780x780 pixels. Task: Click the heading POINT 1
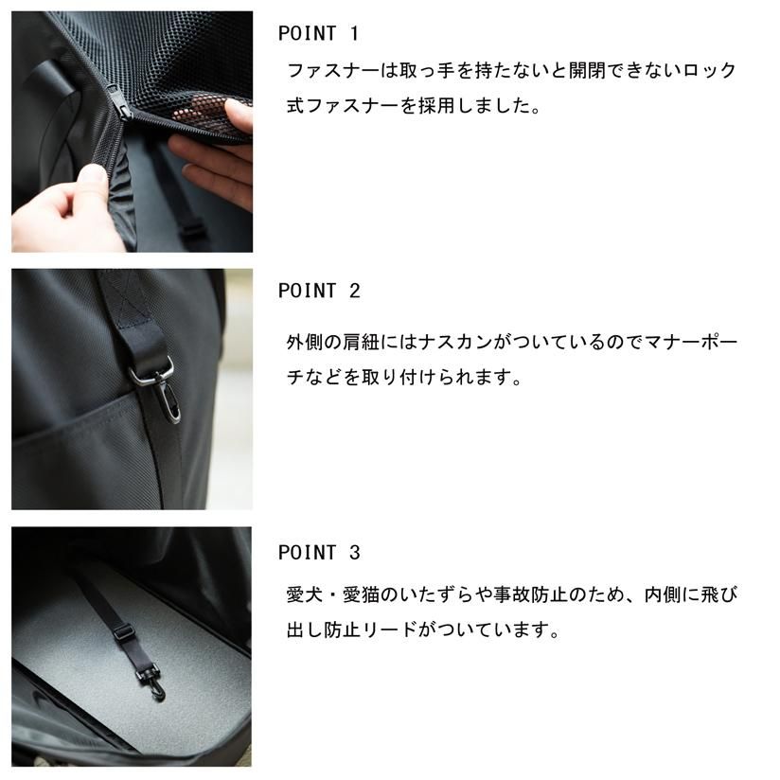pyautogui.click(x=318, y=33)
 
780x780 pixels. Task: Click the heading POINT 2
pyautogui.click(x=319, y=291)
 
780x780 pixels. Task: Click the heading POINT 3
pyautogui.click(x=319, y=552)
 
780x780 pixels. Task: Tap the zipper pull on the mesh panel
pyautogui.click(x=115, y=98)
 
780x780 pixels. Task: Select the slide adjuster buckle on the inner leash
pyautogui.click(x=123, y=632)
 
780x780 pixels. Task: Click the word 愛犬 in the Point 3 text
pyautogui.click(x=305, y=594)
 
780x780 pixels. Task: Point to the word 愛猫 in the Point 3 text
pyautogui.click(x=361, y=594)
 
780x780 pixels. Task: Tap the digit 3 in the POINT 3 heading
pyautogui.click(x=354, y=552)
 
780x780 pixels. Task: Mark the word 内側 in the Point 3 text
pyautogui.click(x=662, y=594)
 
